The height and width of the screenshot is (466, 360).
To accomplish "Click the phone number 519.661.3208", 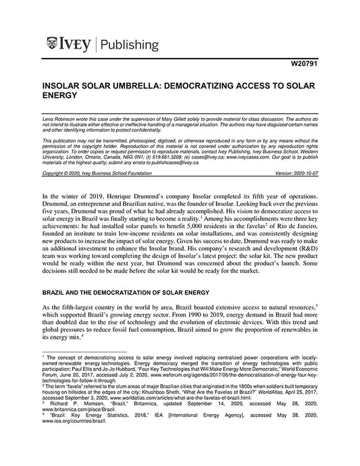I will (165, 153).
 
